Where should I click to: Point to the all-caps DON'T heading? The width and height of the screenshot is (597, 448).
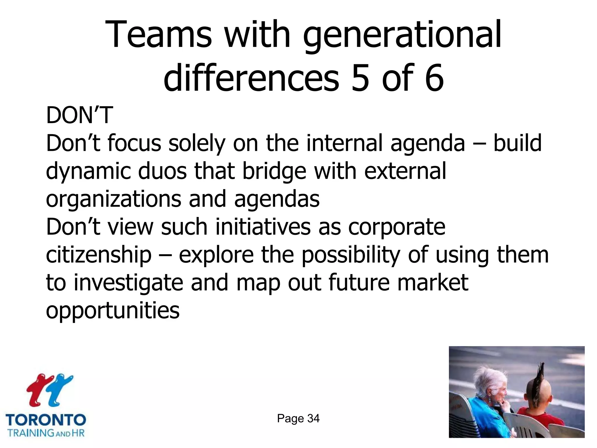click(79, 115)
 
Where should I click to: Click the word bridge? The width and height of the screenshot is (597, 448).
click(274, 172)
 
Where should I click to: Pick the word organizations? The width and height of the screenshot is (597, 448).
click(113, 199)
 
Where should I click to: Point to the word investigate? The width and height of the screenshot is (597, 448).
click(128, 283)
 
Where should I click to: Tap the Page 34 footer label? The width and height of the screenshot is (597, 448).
click(298, 419)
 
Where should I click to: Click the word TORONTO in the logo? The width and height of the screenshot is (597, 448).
click(46, 420)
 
